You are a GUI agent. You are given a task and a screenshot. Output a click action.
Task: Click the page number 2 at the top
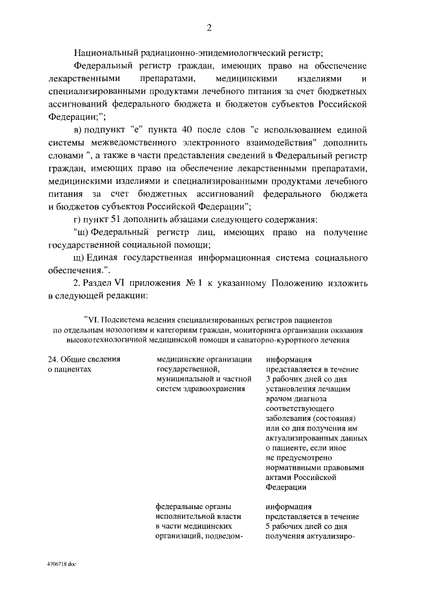pos(209,27)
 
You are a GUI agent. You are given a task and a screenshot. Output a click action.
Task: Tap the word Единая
pos(104,257)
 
